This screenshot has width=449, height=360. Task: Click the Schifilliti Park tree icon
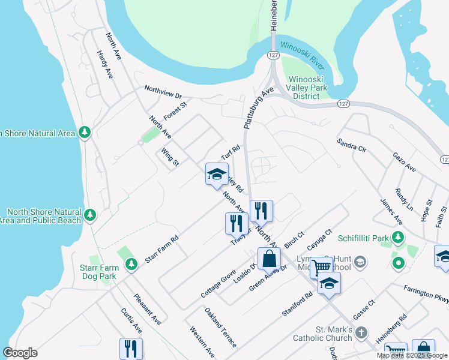(397, 237)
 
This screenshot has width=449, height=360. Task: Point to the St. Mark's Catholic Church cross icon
(361, 332)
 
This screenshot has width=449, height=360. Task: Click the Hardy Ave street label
(105, 64)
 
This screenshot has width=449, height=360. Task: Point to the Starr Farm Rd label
(162, 250)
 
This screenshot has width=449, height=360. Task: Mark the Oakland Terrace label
(220, 328)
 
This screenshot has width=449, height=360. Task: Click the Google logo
(20, 353)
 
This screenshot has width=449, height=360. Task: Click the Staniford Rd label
(297, 304)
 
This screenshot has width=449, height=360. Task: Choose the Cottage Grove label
(218, 284)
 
